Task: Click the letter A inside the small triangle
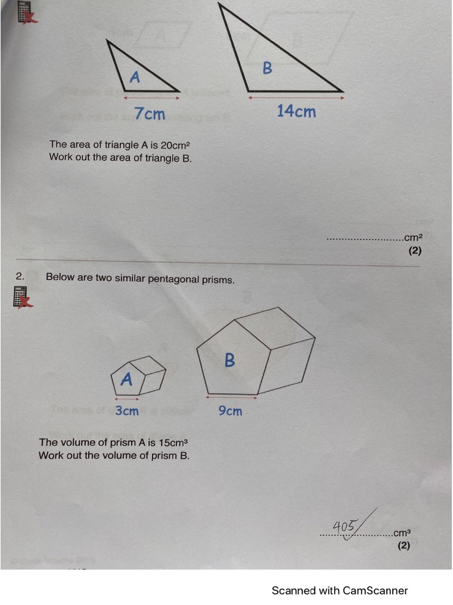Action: coord(134,77)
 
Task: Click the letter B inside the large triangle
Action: coord(267,68)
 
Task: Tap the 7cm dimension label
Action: coord(150,113)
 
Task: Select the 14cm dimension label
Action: coord(296,111)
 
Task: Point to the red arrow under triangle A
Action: coord(150,97)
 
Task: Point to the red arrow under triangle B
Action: coord(296,97)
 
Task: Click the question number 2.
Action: coord(20,276)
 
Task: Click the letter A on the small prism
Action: coord(126,379)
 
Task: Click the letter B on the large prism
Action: coord(229,360)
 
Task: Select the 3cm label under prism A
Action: coord(127,411)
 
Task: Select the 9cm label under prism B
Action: coord(230,411)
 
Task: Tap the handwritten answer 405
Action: coord(344,525)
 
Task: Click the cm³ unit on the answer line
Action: coord(402,534)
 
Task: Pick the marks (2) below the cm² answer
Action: coord(415,251)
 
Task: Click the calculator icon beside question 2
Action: coord(22,297)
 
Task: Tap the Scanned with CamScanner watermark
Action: coord(340,590)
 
